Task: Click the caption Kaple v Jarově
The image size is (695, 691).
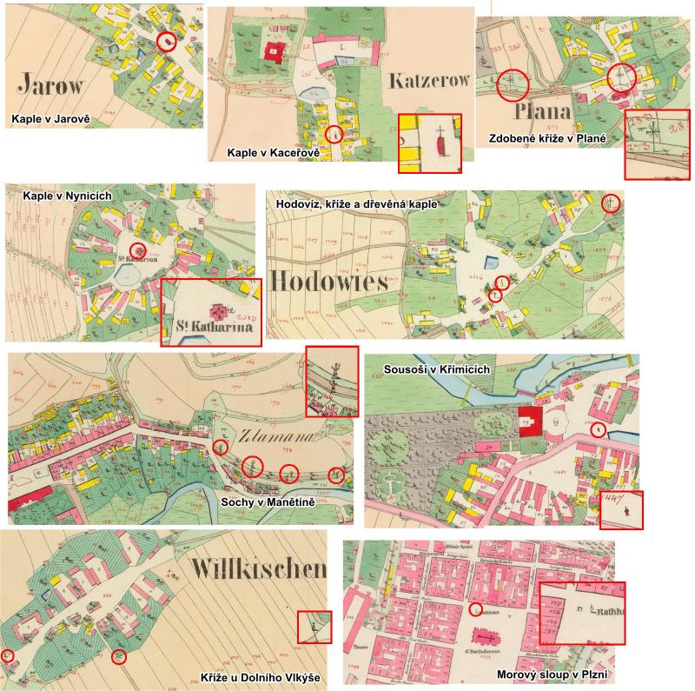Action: [x=50, y=117]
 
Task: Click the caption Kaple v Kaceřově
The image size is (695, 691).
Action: [x=274, y=152]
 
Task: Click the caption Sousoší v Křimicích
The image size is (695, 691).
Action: [x=437, y=369]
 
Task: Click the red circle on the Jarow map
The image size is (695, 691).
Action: [x=167, y=40]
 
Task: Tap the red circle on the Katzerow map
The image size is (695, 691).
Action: [x=334, y=135]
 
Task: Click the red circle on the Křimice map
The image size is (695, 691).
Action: [x=597, y=430]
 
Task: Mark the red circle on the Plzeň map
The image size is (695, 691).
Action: [x=474, y=609]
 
